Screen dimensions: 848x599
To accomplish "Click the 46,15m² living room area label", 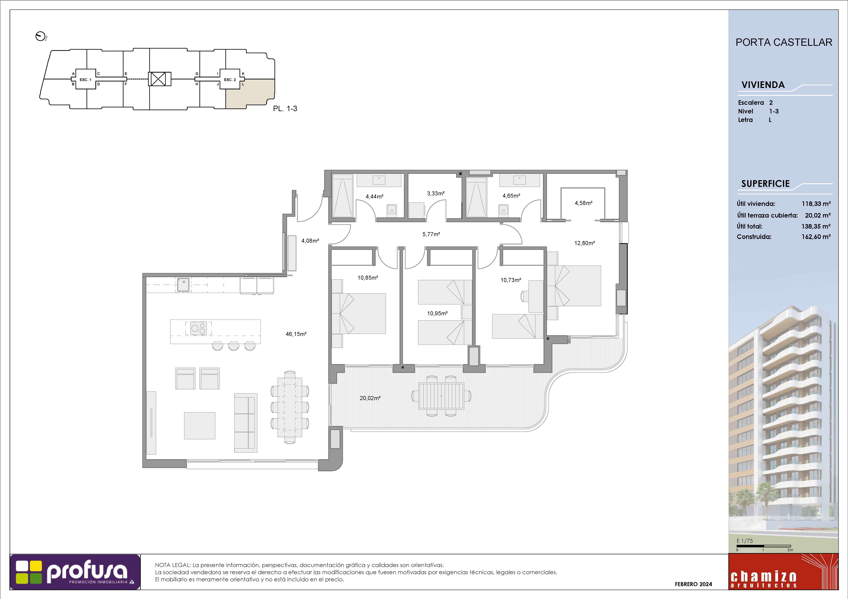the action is click(296, 334).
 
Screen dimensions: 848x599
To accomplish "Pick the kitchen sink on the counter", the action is click(183, 285).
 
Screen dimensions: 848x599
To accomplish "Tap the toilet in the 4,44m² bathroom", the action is click(391, 210).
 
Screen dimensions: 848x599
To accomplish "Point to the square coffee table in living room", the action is click(199, 426).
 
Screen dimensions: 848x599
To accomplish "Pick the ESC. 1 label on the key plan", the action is click(85, 80).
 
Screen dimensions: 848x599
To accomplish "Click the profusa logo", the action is click(75, 572).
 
